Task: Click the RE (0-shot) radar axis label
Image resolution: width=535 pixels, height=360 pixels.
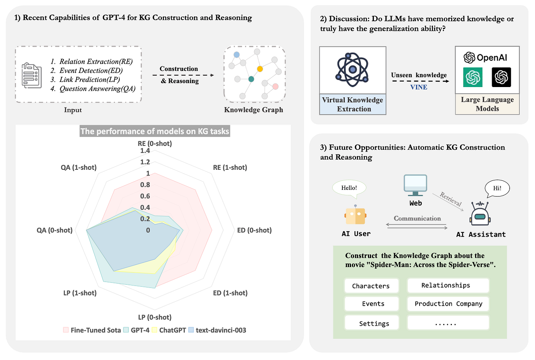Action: pos(155,143)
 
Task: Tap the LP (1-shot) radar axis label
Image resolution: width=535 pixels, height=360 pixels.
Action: pos(80,293)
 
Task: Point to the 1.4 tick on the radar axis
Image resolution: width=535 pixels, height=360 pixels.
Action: pos(145,151)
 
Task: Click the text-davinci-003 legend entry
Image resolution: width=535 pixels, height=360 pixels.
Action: pos(217,330)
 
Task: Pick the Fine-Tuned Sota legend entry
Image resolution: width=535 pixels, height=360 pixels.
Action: pos(92,330)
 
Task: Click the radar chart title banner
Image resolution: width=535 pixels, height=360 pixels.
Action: pos(155,131)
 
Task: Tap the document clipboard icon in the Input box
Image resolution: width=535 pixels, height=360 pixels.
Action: pos(32,75)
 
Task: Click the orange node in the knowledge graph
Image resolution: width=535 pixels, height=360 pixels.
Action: pos(260,69)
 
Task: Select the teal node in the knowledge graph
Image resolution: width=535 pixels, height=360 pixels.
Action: pos(251,79)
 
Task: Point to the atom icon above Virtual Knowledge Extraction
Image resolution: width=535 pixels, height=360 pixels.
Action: pos(352,70)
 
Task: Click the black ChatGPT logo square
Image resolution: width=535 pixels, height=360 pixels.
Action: pos(501,77)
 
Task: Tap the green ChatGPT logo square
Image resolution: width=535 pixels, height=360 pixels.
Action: pos(473,77)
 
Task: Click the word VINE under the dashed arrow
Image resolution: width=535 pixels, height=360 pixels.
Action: pos(418,87)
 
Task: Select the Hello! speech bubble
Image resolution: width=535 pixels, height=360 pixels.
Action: pos(349,188)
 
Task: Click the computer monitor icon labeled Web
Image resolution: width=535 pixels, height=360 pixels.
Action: pos(415,185)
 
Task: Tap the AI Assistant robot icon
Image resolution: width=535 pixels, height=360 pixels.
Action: pos(480,214)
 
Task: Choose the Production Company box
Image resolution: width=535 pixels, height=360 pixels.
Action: pos(448,304)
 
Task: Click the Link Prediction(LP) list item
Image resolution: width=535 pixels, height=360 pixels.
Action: pos(89,80)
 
